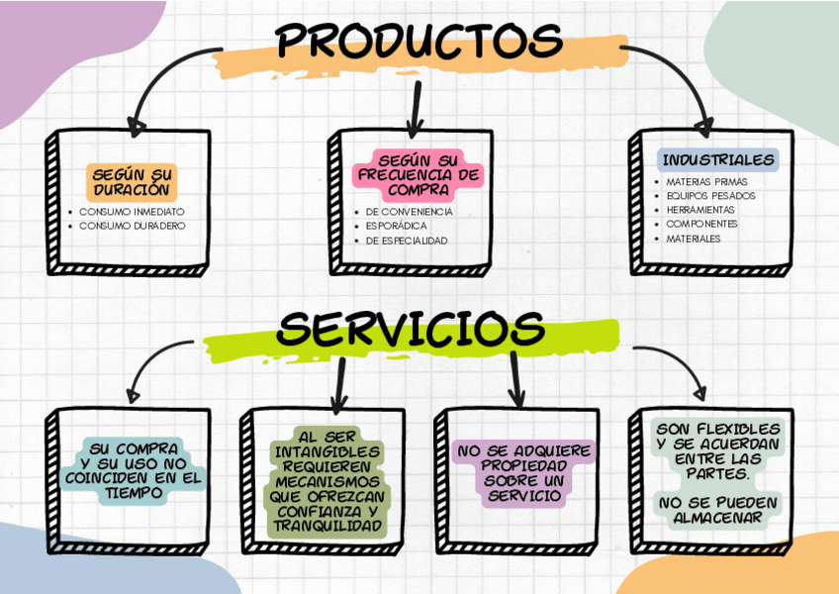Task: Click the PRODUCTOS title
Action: click(419, 41)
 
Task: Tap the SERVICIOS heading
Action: click(411, 329)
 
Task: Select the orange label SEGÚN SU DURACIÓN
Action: click(132, 182)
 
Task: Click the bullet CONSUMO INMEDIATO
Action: click(132, 212)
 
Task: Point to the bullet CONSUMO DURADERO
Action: click(132, 226)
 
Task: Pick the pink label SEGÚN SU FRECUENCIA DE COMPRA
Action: click(419, 175)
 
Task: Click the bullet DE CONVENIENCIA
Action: click(409, 212)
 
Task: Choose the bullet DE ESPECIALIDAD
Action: click(407, 241)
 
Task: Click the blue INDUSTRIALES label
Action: click(718, 160)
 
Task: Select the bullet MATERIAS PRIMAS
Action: click(706, 182)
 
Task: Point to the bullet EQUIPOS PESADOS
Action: click(710, 196)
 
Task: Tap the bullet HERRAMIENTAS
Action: click(700, 210)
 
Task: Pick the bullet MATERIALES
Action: click(693, 239)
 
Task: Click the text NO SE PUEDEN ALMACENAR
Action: click(718, 510)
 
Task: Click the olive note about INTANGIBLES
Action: click(327, 482)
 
